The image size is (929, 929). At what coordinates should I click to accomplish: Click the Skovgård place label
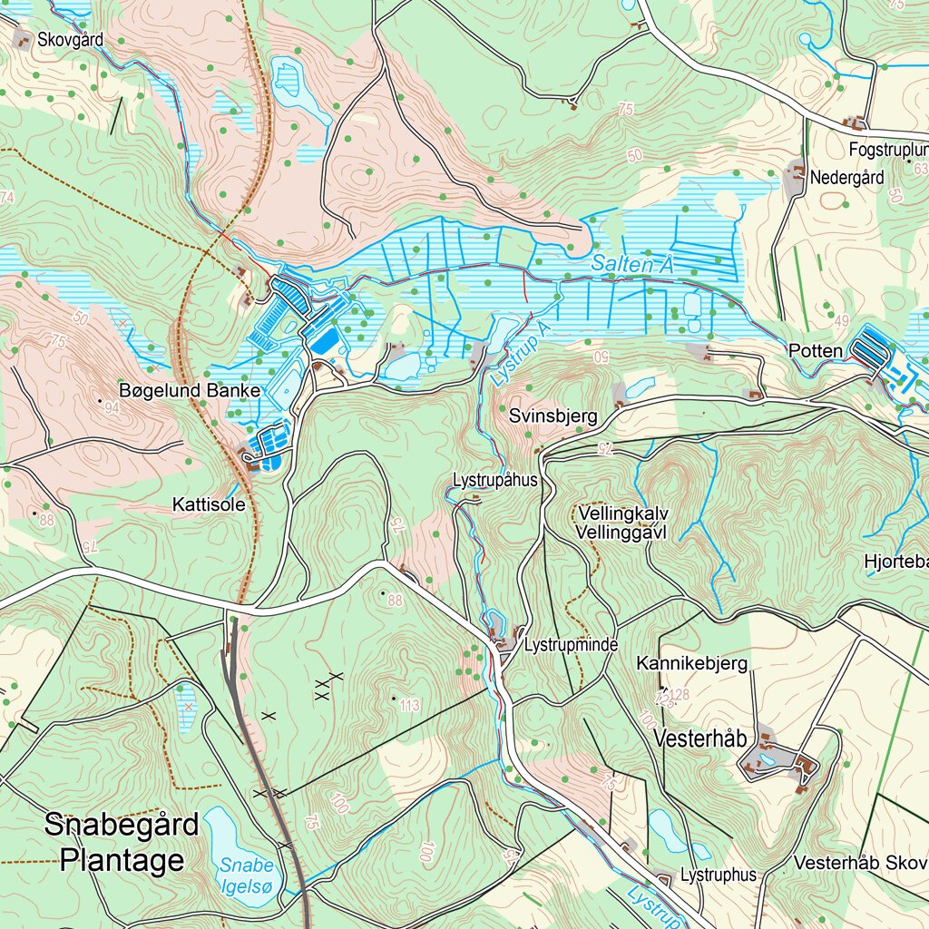point(70,39)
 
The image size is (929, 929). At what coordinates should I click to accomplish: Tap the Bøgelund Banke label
point(190,391)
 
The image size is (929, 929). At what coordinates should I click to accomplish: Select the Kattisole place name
point(209,505)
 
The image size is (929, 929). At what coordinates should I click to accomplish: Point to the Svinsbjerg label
point(553,416)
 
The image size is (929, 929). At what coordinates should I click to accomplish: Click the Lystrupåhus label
point(494,480)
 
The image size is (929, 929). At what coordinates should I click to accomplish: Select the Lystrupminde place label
point(571,645)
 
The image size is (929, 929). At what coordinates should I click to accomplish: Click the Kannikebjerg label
point(691,664)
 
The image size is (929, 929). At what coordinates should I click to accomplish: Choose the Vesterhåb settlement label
point(699,738)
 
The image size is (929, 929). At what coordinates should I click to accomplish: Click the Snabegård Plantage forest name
point(122,843)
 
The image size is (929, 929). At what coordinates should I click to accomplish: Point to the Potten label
point(815,350)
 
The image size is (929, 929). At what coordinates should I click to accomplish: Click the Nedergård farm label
point(846,178)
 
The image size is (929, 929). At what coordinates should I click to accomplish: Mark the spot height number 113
point(409,706)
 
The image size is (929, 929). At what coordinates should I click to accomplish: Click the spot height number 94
point(112,408)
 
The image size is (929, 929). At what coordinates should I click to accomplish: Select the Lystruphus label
point(718,875)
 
